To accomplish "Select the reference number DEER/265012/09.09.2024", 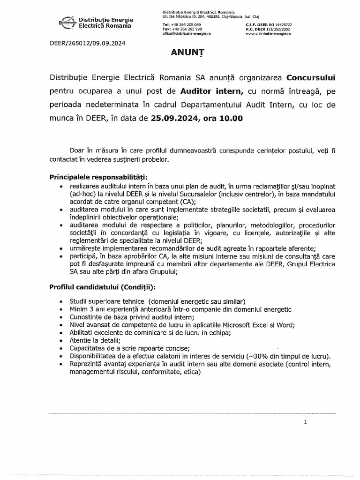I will click(87, 43).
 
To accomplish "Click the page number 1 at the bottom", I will click(305, 422).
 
